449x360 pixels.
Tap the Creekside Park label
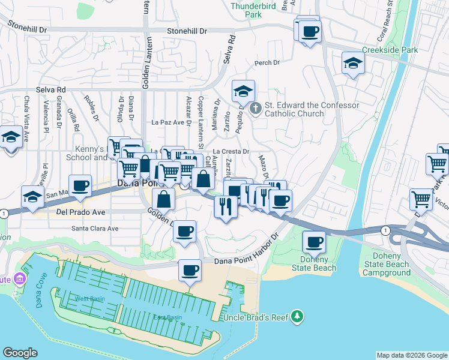390,50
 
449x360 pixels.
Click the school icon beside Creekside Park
353,64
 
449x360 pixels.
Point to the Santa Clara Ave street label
95,229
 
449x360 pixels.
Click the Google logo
20,353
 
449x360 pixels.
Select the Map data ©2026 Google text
411,355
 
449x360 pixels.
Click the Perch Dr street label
268,62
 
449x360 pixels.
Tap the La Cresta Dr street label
231,152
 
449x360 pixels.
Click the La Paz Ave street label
169,122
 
